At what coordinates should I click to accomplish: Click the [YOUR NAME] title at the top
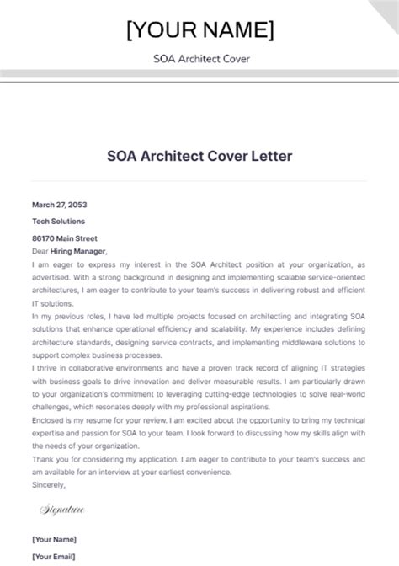[x=199, y=30]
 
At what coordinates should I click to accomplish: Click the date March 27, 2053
[x=60, y=205]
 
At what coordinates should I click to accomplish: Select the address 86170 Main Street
[x=65, y=238]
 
